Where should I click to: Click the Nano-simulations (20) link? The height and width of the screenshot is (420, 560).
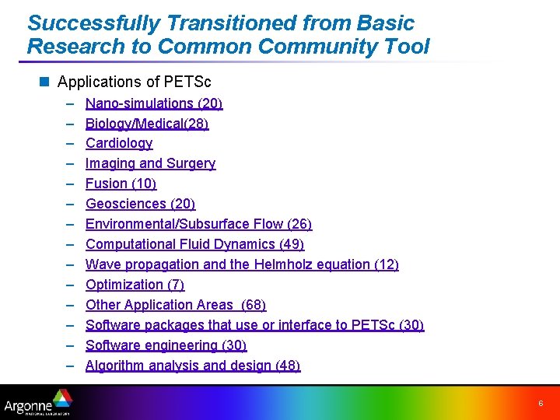click(154, 103)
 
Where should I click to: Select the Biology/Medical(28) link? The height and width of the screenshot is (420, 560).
click(147, 124)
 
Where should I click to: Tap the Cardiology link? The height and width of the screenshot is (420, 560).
click(119, 143)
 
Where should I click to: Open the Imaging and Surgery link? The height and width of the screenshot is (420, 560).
click(150, 163)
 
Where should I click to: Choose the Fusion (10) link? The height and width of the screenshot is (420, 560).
click(121, 184)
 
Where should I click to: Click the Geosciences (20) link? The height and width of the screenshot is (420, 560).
click(140, 204)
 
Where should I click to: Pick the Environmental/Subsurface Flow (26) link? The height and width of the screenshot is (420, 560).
click(198, 224)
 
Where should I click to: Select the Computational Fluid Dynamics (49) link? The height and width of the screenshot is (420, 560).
click(194, 244)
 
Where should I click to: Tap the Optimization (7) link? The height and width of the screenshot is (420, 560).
click(135, 285)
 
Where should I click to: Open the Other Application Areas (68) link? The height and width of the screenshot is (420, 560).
click(175, 305)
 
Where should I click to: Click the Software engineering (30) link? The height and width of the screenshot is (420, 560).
click(166, 345)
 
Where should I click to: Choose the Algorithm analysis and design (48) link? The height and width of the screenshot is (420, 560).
click(192, 366)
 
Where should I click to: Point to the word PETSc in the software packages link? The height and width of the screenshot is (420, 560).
click(373, 325)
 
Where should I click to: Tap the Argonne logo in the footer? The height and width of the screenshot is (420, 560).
click(37, 404)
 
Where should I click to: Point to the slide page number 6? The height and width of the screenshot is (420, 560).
click(541, 403)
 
